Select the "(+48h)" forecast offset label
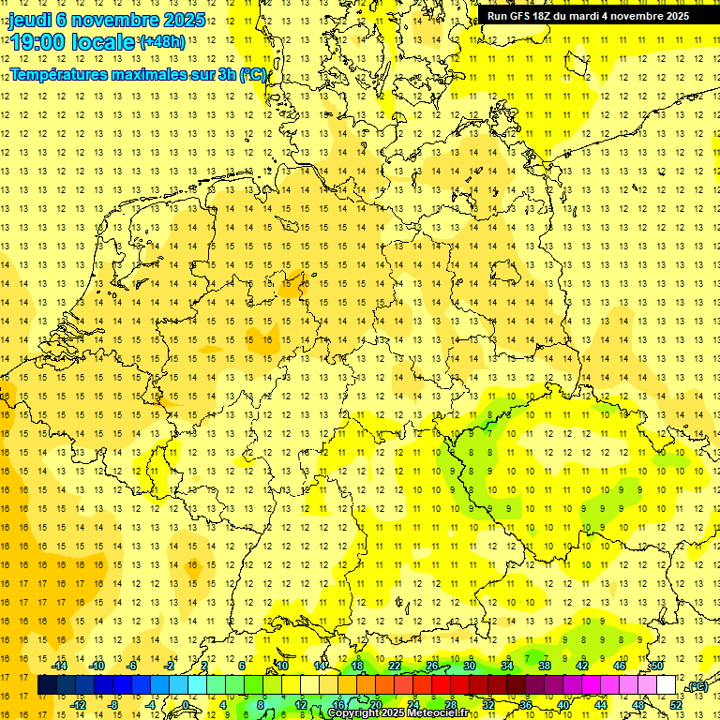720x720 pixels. click(x=163, y=42)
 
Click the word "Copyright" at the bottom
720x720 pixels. click(x=355, y=713)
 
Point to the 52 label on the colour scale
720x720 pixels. click(x=676, y=704)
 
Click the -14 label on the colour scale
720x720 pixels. click(x=62, y=666)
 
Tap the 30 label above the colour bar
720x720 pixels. click(x=469, y=666)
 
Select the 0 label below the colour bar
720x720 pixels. click(x=186, y=704)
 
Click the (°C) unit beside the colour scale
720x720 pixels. click(x=697, y=686)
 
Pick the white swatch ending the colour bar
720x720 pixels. click(x=667, y=685)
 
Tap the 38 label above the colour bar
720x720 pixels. click(x=544, y=666)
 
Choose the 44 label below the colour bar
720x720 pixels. click(x=601, y=704)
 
